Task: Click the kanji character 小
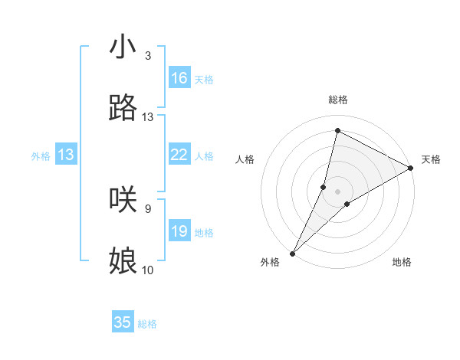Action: (x=123, y=47)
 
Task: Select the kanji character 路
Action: (x=123, y=108)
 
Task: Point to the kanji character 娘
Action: (x=123, y=260)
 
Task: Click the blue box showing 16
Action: (x=179, y=78)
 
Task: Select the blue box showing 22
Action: (x=179, y=155)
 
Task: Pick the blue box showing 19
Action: (x=179, y=231)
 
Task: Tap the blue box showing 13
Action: (x=66, y=155)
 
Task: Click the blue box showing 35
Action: (x=123, y=322)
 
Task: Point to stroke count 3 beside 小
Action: (x=148, y=56)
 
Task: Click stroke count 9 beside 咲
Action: (x=148, y=208)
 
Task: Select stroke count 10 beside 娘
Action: (x=148, y=270)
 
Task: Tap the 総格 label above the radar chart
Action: (x=338, y=100)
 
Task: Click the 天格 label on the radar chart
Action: (x=431, y=159)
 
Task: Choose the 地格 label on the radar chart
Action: (x=402, y=263)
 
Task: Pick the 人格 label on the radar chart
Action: (x=245, y=159)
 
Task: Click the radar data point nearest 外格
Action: (x=292, y=254)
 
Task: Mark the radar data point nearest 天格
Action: (x=411, y=168)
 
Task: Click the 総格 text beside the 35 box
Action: (x=148, y=324)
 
